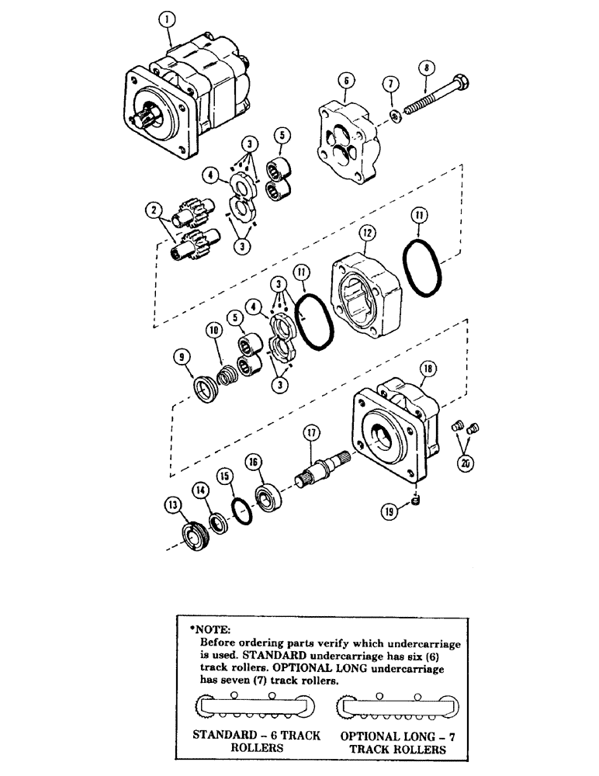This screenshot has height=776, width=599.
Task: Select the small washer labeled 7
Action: click(395, 116)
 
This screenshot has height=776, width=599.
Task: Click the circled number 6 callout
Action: click(346, 80)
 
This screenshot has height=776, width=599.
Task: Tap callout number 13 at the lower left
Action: click(171, 504)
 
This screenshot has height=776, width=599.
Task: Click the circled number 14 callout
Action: click(200, 489)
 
